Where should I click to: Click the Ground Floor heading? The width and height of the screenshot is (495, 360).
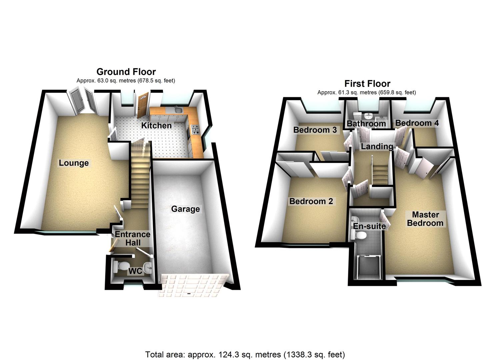point(126,72)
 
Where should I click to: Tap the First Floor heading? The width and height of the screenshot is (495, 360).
point(367,84)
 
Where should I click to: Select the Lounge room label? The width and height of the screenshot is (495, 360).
point(74,163)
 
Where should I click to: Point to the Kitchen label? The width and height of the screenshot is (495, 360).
point(156,126)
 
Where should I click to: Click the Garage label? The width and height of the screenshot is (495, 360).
point(185,209)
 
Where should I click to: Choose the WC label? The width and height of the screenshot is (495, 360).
point(135,271)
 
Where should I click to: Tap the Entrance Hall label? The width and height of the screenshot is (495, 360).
point(133,239)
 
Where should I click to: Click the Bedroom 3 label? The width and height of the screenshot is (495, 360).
point(315,130)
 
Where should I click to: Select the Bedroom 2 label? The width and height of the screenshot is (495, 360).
point(311,201)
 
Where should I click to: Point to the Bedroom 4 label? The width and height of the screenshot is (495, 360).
point(417,123)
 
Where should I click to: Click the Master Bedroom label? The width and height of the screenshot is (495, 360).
point(425,219)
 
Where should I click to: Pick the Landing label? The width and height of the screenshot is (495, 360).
point(377,146)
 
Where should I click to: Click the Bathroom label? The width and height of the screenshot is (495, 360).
point(366,124)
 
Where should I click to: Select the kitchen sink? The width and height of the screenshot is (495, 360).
point(178,111)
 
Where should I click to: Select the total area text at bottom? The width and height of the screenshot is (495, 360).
point(245,354)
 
